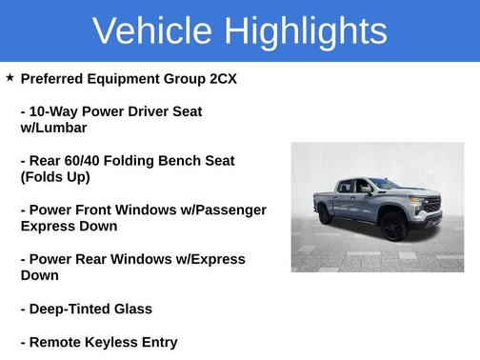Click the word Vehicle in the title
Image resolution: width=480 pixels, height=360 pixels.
[x=150, y=30]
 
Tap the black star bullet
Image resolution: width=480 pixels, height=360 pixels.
[x=10, y=77]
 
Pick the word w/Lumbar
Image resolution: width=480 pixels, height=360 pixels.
[x=53, y=128]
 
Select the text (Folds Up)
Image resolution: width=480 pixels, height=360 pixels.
[x=55, y=177]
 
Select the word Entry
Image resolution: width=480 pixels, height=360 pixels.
[x=158, y=342]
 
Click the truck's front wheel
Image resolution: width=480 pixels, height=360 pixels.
[x=391, y=228]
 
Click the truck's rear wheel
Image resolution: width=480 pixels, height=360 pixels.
[x=326, y=214]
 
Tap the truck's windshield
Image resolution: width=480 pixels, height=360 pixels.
[x=383, y=184]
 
